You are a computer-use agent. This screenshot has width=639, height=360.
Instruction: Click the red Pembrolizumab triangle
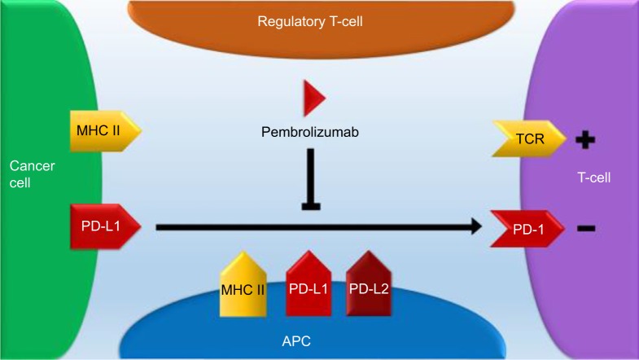click(313, 98)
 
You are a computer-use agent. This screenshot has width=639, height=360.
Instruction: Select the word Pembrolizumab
click(310, 132)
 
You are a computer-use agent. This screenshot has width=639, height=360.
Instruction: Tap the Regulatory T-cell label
click(310, 21)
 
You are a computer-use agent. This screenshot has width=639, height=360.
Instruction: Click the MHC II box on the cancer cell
click(106, 130)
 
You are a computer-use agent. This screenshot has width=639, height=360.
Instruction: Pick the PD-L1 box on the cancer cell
click(106, 226)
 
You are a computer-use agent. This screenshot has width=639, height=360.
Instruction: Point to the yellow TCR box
click(529, 138)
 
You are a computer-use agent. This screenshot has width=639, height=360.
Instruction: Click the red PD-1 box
click(527, 229)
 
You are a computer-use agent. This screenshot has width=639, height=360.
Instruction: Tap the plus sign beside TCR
click(585, 140)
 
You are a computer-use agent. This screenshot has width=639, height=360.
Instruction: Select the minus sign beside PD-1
click(586, 228)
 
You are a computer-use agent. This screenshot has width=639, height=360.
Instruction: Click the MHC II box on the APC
click(243, 284)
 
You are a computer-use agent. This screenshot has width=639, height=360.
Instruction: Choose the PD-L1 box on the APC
click(309, 283)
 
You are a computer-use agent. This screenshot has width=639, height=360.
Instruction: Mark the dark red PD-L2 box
click(369, 283)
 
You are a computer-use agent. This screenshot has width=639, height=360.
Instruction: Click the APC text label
click(296, 340)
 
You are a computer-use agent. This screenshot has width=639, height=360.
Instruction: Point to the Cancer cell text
click(32, 174)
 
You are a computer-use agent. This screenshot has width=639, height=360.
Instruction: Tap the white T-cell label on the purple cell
click(593, 178)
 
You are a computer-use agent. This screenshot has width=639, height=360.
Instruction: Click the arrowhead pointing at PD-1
click(477, 226)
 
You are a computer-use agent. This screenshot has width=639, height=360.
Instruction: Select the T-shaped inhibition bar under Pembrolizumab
click(311, 179)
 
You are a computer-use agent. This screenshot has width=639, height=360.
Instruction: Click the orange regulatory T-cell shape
click(322, 29)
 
